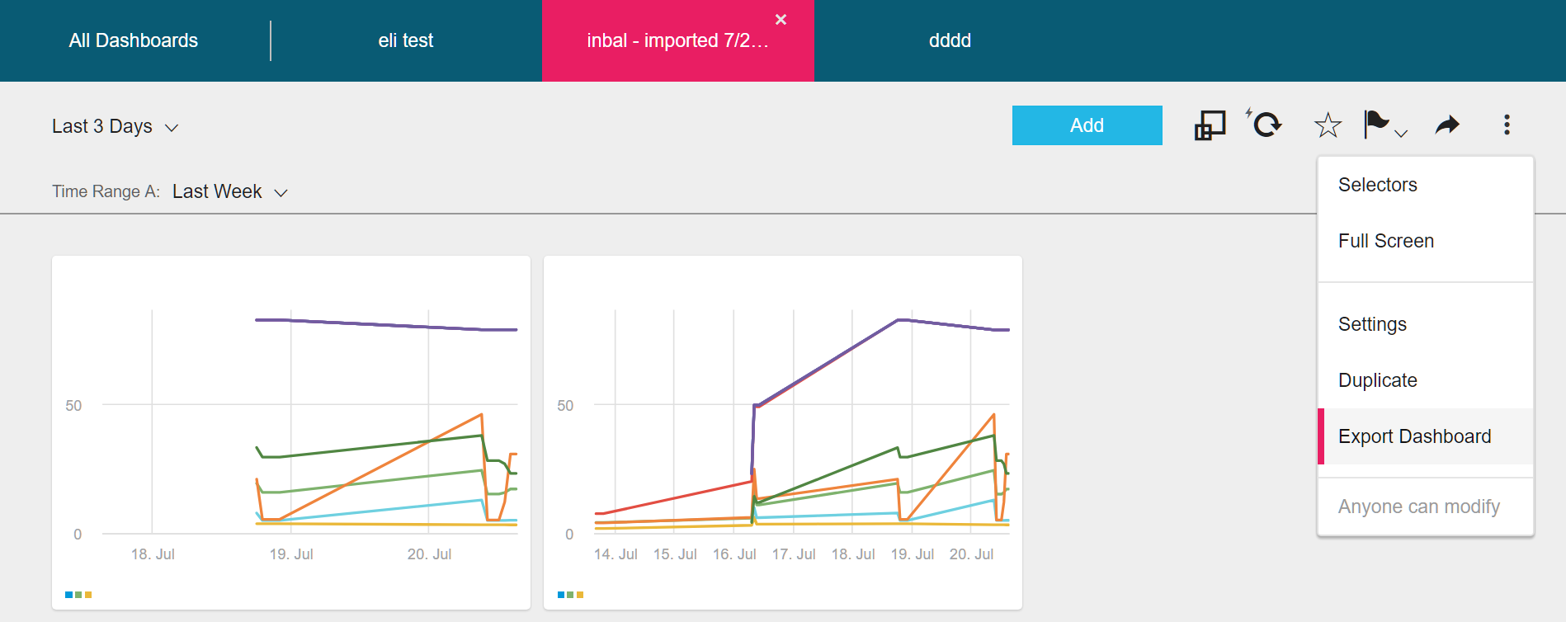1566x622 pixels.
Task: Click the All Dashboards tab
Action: [x=134, y=40]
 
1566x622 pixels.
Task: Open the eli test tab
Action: [x=405, y=40]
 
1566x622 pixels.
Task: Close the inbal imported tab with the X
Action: [x=781, y=20]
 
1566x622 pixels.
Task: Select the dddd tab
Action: [x=950, y=40]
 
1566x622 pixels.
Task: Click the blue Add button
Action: [x=1087, y=125]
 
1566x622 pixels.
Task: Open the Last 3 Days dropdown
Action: [x=115, y=126]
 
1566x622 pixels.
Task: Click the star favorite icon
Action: [x=1328, y=125]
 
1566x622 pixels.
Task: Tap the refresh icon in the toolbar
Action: [x=1266, y=125]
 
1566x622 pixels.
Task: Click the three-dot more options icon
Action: [x=1507, y=125]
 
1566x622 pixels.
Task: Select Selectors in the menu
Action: [x=1377, y=185]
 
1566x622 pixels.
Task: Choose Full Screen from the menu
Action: [x=1385, y=241]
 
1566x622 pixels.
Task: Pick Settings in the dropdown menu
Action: [x=1372, y=324]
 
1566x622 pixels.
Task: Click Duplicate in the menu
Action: [x=1377, y=380]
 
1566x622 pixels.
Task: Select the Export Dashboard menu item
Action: [x=1414, y=436]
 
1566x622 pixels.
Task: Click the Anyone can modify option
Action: [x=1418, y=507]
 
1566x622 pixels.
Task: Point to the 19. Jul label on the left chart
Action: [x=291, y=554]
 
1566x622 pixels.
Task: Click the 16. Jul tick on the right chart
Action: [x=734, y=554]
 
